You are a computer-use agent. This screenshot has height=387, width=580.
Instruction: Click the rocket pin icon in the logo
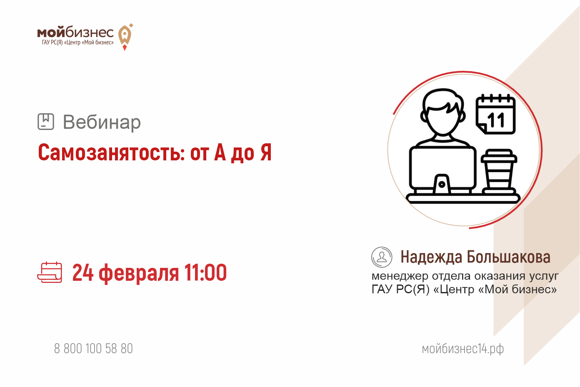125,37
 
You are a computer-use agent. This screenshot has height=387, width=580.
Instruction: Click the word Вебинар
102,122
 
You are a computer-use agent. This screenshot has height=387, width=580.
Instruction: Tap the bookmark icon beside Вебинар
46,121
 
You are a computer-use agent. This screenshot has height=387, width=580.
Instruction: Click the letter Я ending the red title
266,152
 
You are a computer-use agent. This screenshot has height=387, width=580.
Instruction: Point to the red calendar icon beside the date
50,272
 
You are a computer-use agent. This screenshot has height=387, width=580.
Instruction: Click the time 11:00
205,272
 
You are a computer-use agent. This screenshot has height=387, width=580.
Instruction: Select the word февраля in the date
139,274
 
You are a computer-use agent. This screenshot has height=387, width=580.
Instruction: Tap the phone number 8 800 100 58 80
93,348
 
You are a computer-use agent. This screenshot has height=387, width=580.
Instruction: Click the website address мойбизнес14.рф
462,349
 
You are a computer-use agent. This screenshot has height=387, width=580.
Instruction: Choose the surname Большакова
508,257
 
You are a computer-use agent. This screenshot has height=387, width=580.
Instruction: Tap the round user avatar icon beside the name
382,257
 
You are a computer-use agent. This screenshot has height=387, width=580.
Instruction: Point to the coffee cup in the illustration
499,171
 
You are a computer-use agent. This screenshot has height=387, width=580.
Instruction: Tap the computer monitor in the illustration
442,170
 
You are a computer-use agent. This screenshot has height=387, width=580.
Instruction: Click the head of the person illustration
443,112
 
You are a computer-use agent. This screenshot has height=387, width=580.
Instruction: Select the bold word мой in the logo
51,32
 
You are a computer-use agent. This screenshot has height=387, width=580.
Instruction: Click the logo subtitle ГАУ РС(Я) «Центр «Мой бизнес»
77,42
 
